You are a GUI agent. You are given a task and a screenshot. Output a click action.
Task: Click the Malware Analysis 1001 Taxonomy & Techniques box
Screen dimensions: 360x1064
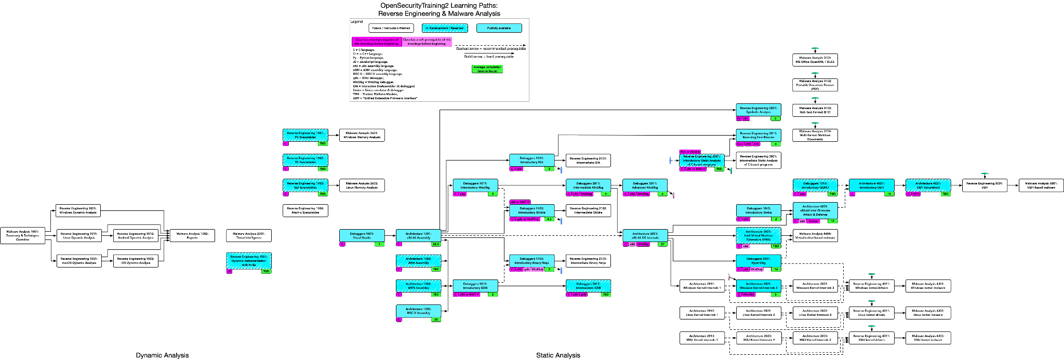[x=23, y=235]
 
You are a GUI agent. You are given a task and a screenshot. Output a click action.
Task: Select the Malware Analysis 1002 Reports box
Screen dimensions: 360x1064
[x=192, y=235]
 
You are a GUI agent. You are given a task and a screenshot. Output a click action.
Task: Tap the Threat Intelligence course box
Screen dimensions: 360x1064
[x=249, y=235]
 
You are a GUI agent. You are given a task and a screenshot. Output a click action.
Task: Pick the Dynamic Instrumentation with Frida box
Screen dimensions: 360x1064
[x=249, y=261]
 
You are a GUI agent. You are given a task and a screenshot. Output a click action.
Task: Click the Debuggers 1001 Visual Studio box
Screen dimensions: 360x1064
[x=362, y=235]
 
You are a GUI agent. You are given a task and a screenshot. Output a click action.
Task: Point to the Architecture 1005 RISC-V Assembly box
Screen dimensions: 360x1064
[x=418, y=311]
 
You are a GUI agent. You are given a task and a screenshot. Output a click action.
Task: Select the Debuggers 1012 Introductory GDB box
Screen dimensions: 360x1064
[x=475, y=286]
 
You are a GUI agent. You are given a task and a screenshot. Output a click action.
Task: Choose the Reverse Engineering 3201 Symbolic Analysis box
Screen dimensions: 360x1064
[x=759, y=110]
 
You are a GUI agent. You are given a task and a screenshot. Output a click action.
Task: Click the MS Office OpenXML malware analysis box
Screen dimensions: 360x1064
[x=815, y=60]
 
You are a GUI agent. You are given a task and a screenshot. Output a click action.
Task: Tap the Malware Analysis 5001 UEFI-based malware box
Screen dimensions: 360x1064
[x=1041, y=185]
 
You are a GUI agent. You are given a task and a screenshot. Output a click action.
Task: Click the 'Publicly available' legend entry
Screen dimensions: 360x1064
[x=499, y=28]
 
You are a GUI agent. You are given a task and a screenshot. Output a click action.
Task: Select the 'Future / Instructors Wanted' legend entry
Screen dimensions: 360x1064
[x=391, y=28]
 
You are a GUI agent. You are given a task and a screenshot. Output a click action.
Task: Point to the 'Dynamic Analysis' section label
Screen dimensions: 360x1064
[x=162, y=355]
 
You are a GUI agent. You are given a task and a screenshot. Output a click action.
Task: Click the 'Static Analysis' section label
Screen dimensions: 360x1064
[x=558, y=355]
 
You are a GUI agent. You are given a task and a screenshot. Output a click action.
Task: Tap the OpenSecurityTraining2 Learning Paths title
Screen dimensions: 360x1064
[x=439, y=9]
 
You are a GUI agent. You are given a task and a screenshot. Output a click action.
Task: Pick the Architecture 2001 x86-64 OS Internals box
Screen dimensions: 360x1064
[x=645, y=235]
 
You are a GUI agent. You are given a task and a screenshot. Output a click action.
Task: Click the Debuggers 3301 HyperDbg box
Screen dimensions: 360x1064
[x=759, y=260]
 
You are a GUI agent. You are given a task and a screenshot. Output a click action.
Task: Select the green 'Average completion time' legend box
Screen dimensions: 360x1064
[x=487, y=69]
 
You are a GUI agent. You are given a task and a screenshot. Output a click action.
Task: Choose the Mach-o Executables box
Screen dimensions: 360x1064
[x=305, y=210]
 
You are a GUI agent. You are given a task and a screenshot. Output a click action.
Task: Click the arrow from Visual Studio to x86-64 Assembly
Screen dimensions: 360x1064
[x=390, y=235]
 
